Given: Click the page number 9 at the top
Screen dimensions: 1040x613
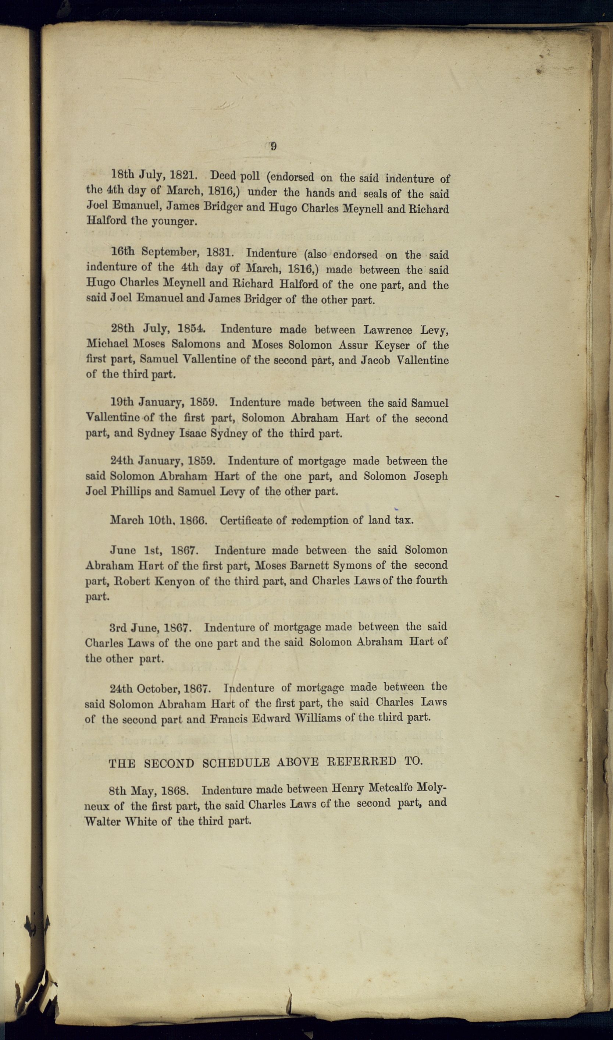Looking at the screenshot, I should pyautogui.click(x=273, y=146).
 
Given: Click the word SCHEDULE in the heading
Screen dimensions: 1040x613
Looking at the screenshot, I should pyautogui.click(x=235, y=763).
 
